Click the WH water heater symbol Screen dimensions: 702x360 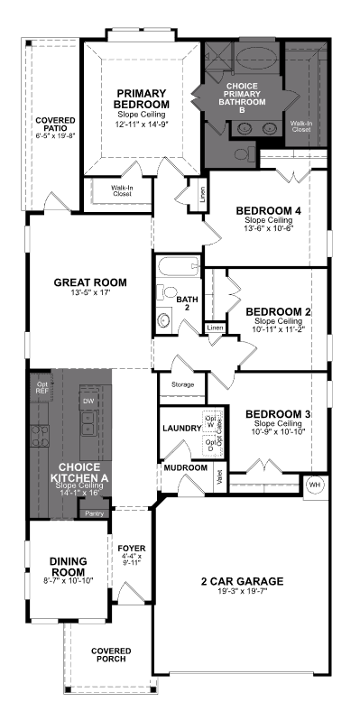[315, 485]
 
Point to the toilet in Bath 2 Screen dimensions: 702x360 [164, 319]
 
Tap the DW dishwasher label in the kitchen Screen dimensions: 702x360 [88, 400]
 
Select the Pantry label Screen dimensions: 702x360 [94, 513]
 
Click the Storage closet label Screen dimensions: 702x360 [176, 383]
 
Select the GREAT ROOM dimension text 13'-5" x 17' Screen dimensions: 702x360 [90, 294]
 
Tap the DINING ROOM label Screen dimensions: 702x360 [67, 567]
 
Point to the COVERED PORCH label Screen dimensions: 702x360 [111, 655]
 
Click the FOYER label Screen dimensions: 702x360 [132, 548]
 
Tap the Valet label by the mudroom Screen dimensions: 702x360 [219, 476]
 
